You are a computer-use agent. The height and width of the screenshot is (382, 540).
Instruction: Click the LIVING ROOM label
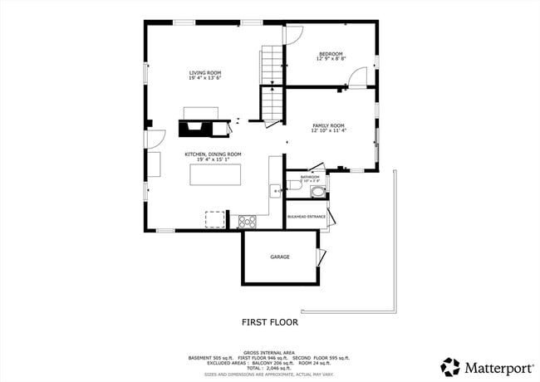click(204, 74)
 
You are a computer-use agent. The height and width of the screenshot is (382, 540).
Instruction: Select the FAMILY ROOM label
click(328, 125)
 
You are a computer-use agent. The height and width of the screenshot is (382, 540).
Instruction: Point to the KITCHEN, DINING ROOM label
click(213, 154)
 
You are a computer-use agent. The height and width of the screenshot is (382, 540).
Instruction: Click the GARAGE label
click(280, 257)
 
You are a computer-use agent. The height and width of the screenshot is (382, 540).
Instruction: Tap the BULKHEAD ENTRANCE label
click(306, 217)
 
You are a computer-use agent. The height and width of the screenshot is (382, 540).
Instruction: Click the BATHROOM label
click(310, 176)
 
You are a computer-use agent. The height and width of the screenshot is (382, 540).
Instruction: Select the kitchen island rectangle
click(215, 174)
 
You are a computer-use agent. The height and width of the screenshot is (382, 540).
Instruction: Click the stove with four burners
click(247, 221)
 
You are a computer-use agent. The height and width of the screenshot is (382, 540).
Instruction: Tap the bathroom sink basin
click(317, 191)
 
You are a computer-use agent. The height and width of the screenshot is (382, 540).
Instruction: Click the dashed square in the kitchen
click(215, 219)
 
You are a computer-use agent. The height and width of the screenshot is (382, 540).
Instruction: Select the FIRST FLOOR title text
click(270, 321)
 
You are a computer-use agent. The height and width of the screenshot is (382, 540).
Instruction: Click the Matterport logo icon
click(450, 366)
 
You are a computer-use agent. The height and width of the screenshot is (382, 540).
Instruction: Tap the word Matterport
click(492, 366)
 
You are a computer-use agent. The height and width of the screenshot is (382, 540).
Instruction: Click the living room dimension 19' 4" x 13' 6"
click(204, 80)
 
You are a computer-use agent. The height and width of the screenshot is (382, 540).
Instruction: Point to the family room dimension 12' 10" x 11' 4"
click(328, 131)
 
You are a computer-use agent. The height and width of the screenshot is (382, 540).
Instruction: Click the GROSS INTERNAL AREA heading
click(269, 352)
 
